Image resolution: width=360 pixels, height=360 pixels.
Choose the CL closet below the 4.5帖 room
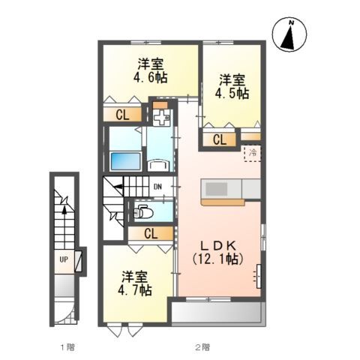pyautogui.click(x=220, y=139)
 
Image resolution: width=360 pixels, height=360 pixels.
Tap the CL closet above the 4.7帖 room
pyautogui.click(x=150, y=233)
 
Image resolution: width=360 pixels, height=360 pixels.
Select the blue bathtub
pyautogui.click(x=123, y=160)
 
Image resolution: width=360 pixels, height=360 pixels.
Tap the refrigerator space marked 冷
pyautogui.click(x=253, y=153)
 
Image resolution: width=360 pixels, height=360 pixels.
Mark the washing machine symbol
pyautogui.click(x=161, y=118)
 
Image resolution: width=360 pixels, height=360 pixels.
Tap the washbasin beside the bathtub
pyautogui.click(x=158, y=165)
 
